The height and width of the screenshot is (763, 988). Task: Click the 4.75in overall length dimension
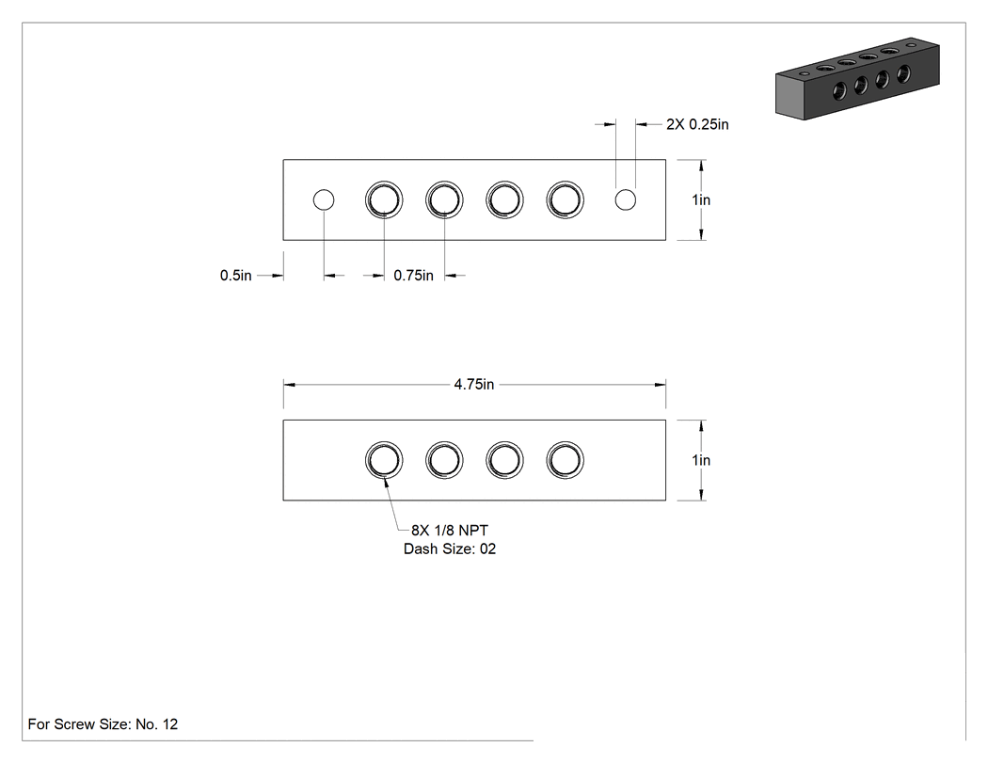474,385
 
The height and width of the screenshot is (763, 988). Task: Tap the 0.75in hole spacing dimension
413,276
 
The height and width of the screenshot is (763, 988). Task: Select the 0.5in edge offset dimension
235,276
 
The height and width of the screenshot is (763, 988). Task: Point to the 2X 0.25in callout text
697,124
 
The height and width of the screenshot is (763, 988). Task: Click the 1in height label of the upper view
701,199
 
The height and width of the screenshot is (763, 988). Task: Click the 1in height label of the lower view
701,460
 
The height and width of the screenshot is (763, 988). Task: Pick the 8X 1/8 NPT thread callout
450,531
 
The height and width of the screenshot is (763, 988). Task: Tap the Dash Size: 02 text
450,548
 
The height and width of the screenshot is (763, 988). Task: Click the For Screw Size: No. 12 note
103,723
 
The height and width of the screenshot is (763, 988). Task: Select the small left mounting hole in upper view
324,199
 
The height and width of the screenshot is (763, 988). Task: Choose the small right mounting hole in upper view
626,199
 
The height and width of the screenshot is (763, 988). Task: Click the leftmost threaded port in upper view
384,199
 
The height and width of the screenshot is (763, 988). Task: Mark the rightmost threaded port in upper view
566,199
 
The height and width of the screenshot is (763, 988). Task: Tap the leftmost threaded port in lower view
384,460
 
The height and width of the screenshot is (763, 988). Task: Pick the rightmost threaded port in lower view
566,460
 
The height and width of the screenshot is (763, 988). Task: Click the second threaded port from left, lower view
445,460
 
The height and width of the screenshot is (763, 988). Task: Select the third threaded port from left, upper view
504,199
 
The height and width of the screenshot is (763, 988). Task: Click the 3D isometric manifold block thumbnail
857,78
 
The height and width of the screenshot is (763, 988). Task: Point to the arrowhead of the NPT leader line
386,478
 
